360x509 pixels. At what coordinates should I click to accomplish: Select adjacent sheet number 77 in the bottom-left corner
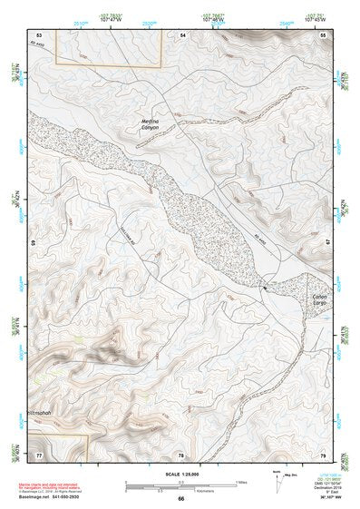(39, 454)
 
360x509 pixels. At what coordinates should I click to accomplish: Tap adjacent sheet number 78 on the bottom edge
(180, 454)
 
